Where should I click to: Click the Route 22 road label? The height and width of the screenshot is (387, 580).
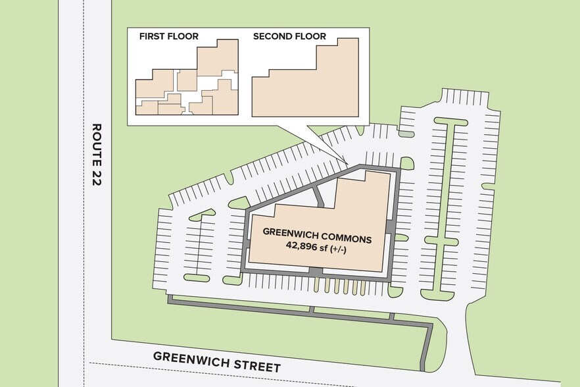pyautogui.click(x=97, y=154)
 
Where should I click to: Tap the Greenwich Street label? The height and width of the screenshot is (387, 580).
pyautogui.click(x=217, y=361)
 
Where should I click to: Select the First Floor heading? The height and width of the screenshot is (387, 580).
pyautogui.click(x=168, y=36)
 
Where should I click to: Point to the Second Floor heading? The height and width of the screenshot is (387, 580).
pyautogui.click(x=289, y=36)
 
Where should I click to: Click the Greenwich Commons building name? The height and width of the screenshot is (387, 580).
pyautogui.click(x=317, y=235)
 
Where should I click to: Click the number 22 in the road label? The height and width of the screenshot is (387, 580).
pyautogui.click(x=97, y=178)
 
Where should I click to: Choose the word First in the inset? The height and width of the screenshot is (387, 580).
pyautogui.click(x=151, y=36)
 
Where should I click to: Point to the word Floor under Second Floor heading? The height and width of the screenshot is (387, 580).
pyautogui.click(x=310, y=36)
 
